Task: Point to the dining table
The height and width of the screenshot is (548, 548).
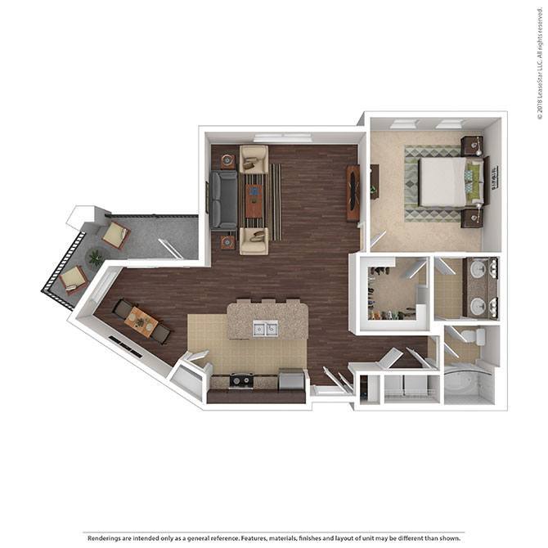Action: click(141, 321)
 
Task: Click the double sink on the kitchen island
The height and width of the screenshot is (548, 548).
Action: click(264, 329)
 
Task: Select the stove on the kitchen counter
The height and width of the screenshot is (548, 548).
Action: click(241, 380)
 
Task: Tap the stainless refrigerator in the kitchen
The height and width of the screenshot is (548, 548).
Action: click(291, 380)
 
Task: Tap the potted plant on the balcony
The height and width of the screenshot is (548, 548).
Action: click(96, 258)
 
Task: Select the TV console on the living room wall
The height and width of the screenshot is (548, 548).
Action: click(353, 193)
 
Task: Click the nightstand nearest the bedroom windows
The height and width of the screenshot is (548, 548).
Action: click(471, 146)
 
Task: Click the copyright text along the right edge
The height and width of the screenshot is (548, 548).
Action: click(540, 61)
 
